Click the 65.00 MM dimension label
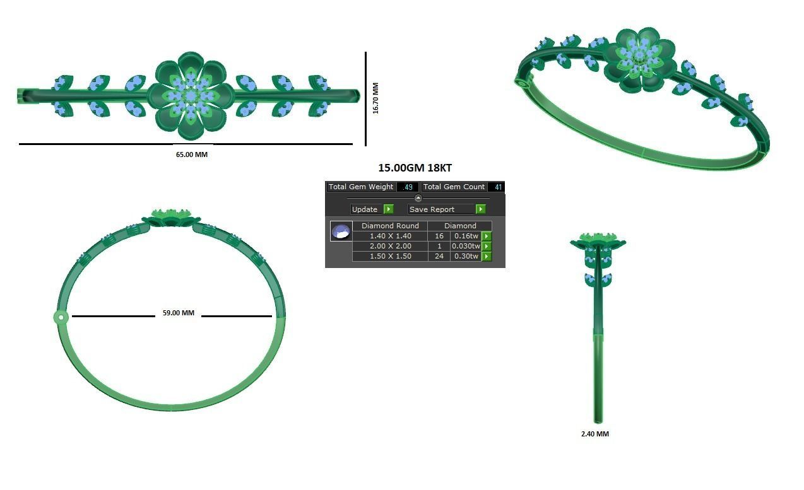(x=191, y=155)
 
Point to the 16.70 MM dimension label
(x=375, y=98)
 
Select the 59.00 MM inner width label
(x=179, y=313)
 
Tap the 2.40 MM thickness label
(x=594, y=434)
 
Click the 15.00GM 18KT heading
(x=415, y=168)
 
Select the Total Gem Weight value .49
(x=408, y=187)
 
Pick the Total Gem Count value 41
(x=497, y=187)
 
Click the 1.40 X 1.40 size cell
(x=390, y=236)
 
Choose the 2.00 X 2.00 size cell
(x=390, y=246)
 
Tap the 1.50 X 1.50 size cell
(x=390, y=256)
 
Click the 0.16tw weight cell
(x=466, y=236)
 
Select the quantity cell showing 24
(x=439, y=256)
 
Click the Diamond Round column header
(x=390, y=226)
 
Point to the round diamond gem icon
(x=341, y=231)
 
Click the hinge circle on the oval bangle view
(x=61, y=317)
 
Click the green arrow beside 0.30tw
(x=487, y=257)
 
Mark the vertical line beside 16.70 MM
(x=366, y=98)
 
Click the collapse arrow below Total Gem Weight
(x=418, y=198)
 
